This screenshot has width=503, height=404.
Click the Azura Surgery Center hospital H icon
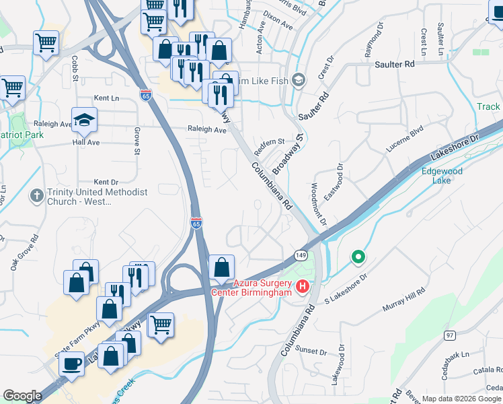(x=302, y=287)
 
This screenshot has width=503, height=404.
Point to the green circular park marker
(x=358, y=257)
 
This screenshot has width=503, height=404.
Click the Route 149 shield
(x=300, y=255)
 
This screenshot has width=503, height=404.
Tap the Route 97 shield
(x=450, y=335)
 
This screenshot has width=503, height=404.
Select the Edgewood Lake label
(x=442, y=176)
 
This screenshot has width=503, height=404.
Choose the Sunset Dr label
(x=311, y=351)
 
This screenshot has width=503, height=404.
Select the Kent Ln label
(x=106, y=98)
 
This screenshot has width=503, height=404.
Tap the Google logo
(x=23, y=396)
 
